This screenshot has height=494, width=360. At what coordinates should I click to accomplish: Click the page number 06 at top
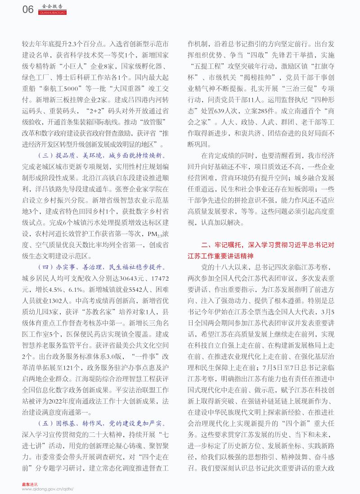[27, 9]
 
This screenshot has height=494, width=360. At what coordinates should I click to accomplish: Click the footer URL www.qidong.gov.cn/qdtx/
[47, 489]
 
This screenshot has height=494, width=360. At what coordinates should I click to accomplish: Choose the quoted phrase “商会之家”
[324, 111]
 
